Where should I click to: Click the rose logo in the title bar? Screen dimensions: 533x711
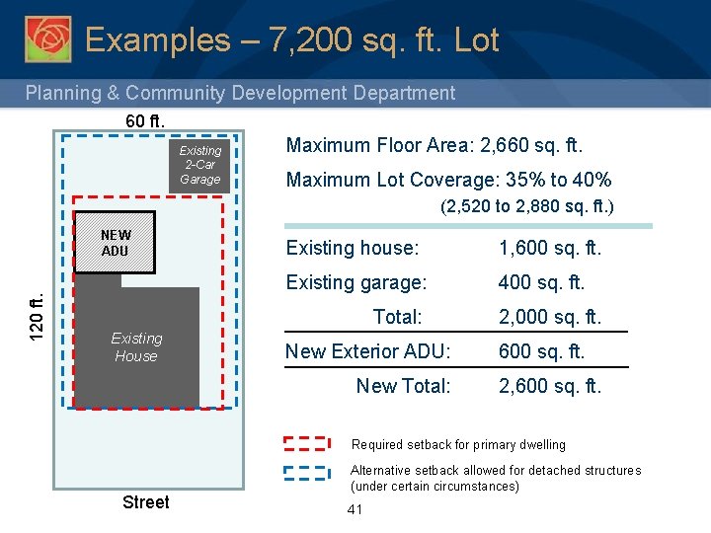click(47, 38)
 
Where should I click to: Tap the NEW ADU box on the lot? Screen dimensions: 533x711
click(116, 242)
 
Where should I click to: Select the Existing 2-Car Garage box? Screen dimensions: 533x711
click(200, 165)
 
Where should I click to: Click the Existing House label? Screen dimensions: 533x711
click(136, 347)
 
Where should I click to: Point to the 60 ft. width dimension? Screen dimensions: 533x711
click(145, 120)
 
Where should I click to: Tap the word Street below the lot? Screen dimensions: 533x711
click(145, 502)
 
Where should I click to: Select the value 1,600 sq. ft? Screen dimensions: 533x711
click(550, 248)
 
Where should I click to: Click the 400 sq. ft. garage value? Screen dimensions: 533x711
click(542, 282)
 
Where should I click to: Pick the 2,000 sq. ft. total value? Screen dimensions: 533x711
click(550, 317)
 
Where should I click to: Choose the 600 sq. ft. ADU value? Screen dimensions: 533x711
click(542, 351)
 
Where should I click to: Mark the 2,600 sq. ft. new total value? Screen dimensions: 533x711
click(550, 386)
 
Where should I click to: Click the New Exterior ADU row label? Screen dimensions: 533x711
click(367, 351)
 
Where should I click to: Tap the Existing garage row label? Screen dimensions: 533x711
click(356, 282)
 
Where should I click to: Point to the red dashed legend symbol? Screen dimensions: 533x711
click(307, 443)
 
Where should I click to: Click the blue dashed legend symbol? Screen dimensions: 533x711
click(307, 472)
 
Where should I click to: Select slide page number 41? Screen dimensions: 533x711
click(355, 509)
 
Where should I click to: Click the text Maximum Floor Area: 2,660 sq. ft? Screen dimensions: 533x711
click(434, 146)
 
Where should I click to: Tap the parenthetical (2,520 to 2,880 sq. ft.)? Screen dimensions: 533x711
click(527, 207)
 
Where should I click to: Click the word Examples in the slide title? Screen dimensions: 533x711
click(156, 40)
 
